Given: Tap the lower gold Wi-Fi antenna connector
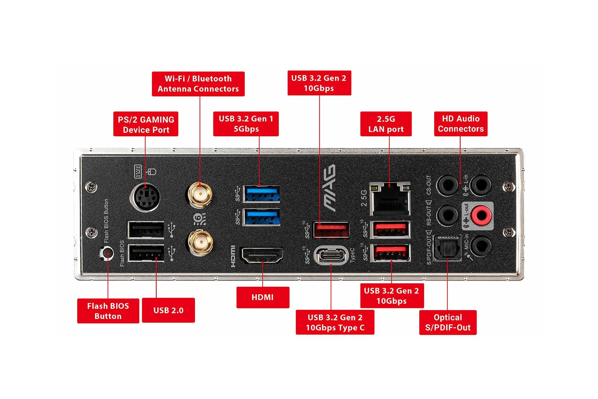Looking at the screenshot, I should click(x=200, y=243).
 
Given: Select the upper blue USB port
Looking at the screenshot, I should click(x=261, y=194).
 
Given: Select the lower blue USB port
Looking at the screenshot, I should click(x=261, y=217).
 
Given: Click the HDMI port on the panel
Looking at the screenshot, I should click(x=262, y=255).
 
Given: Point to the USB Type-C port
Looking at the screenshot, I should click(x=330, y=256).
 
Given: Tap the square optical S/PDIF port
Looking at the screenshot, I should click(x=447, y=247).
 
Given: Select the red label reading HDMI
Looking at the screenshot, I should click(x=263, y=297).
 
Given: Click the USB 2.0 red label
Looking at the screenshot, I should click(x=168, y=310).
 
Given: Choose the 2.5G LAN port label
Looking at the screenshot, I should click(x=386, y=124).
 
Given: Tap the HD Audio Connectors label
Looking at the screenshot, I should click(x=460, y=124).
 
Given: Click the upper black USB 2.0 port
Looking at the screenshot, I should click(x=146, y=230).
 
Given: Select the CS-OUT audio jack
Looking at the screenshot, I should click(x=447, y=185).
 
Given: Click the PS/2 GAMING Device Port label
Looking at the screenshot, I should click(x=145, y=124).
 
